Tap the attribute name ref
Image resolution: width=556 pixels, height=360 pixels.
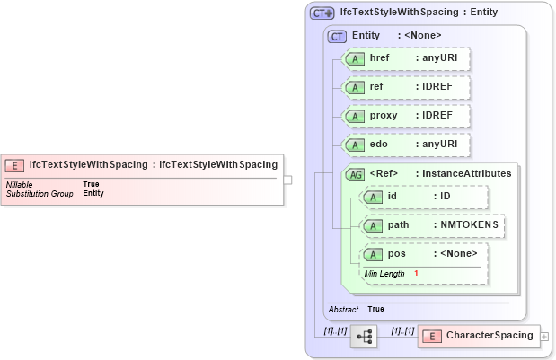coord(376,87)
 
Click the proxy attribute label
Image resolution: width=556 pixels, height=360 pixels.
coord(384,116)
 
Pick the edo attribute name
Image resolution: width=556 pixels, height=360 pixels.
coord(378,144)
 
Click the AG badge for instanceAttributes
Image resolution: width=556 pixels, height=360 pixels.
coord(357,173)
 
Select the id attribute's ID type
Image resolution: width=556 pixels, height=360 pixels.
coord(444,195)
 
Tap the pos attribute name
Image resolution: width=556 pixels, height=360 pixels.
coord(396,253)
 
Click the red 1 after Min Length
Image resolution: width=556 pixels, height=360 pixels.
coord(416,273)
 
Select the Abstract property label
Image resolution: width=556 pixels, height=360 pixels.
coord(343,309)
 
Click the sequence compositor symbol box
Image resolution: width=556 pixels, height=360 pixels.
coord(364,336)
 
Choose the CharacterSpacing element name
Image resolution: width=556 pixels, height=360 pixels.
coord(486,336)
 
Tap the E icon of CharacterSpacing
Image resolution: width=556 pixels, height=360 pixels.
coord(432,336)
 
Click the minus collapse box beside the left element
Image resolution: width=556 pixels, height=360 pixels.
coord(287,179)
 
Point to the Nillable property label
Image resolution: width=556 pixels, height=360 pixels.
coord(21,184)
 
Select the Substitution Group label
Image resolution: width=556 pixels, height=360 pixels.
coord(40,193)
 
